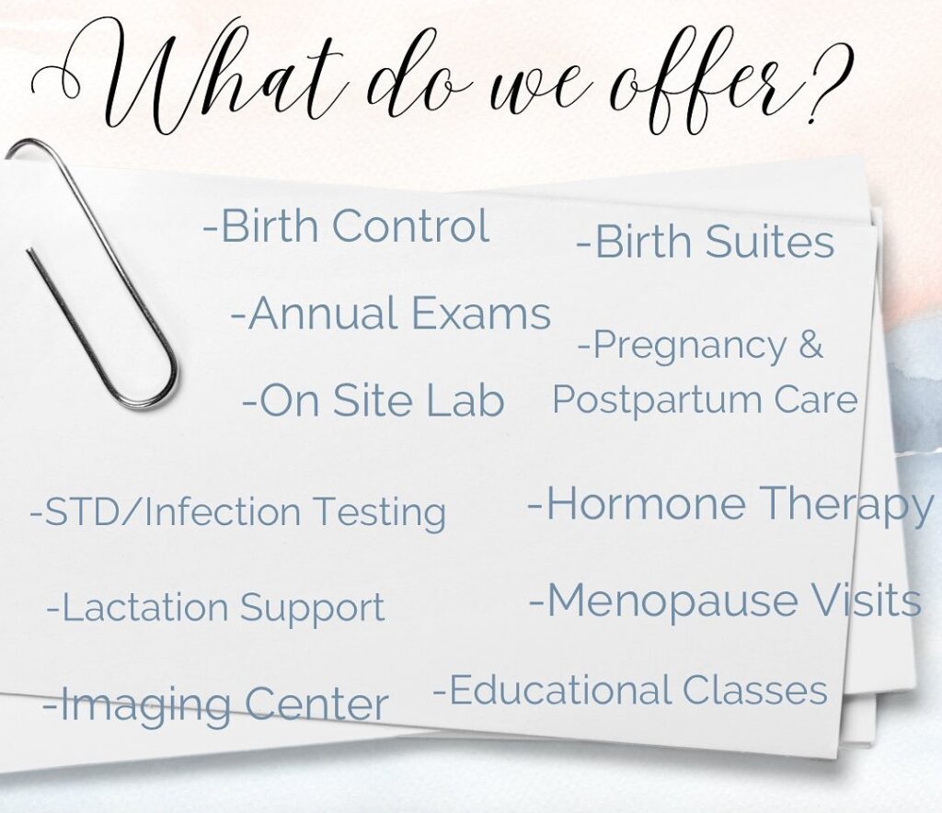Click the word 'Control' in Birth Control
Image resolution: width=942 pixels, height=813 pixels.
coord(410,225)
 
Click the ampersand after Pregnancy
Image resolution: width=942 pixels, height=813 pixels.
coord(810,345)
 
